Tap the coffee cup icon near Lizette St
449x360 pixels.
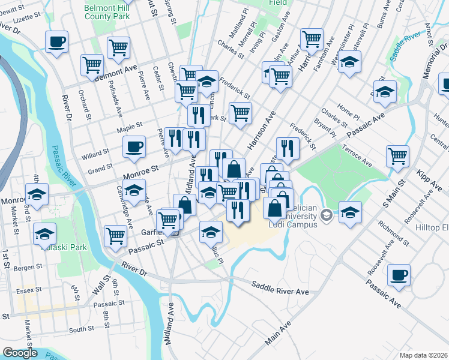point(56,42)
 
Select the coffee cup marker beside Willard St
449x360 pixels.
point(133,146)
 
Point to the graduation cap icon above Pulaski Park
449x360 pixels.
point(45,233)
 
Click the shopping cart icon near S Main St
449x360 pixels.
point(397,156)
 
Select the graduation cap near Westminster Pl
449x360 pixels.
point(349,61)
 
